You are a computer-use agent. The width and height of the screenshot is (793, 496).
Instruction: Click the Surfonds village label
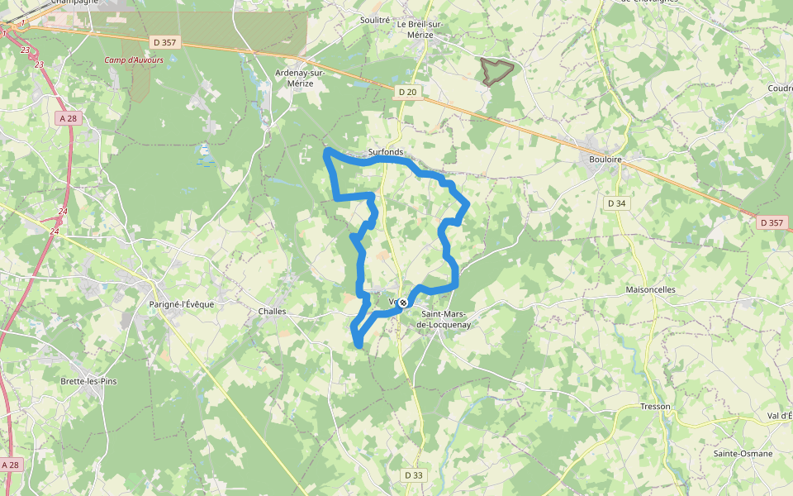click(386, 152)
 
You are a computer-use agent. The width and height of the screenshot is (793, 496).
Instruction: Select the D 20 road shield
click(406, 93)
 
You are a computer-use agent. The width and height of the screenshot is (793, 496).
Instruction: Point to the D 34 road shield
click(616, 203)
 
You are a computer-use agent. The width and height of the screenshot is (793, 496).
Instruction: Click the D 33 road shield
click(414, 475)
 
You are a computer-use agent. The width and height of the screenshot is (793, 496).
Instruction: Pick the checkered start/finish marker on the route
click(402, 303)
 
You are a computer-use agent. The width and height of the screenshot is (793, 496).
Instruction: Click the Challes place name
click(272, 312)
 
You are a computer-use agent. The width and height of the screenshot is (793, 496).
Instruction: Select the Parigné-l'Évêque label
click(181, 304)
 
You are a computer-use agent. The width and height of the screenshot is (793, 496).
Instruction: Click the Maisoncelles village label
click(651, 290)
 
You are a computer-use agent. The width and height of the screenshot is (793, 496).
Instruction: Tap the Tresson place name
click(655, 407)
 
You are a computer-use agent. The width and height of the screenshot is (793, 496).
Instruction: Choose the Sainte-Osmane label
click(743, 454)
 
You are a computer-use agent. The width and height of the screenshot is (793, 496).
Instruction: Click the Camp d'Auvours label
click(134, 60)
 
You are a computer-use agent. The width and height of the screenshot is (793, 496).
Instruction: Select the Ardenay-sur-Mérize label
click(300, 79)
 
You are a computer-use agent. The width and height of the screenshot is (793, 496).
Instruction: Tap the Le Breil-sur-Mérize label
click(420, 29)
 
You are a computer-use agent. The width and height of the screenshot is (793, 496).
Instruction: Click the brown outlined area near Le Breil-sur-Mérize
click(496, 71)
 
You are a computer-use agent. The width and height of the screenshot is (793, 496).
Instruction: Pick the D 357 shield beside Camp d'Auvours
click(165, 41)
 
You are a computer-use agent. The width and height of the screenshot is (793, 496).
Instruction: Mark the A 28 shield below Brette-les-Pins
click(10, 465)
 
